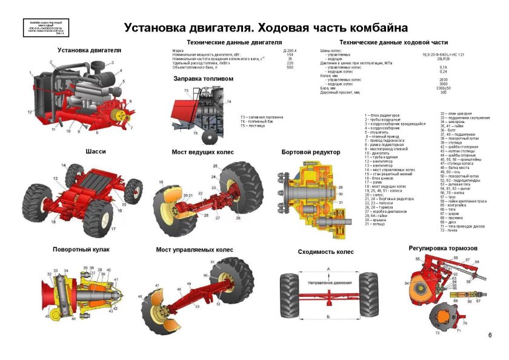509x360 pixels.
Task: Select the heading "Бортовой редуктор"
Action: [x=311, y=152]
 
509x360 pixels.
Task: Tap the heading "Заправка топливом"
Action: [x=203, y=79]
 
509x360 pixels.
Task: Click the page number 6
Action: [x=490, y=335]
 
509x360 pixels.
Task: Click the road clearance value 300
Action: [x=443, y=93]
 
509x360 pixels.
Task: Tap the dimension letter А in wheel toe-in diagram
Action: [x=328, y=268]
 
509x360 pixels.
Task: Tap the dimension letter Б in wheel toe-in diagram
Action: [x=328, y=316]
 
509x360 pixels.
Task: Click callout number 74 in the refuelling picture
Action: [x=228, y=102]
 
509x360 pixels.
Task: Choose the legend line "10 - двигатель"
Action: [x=377, y=154]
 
